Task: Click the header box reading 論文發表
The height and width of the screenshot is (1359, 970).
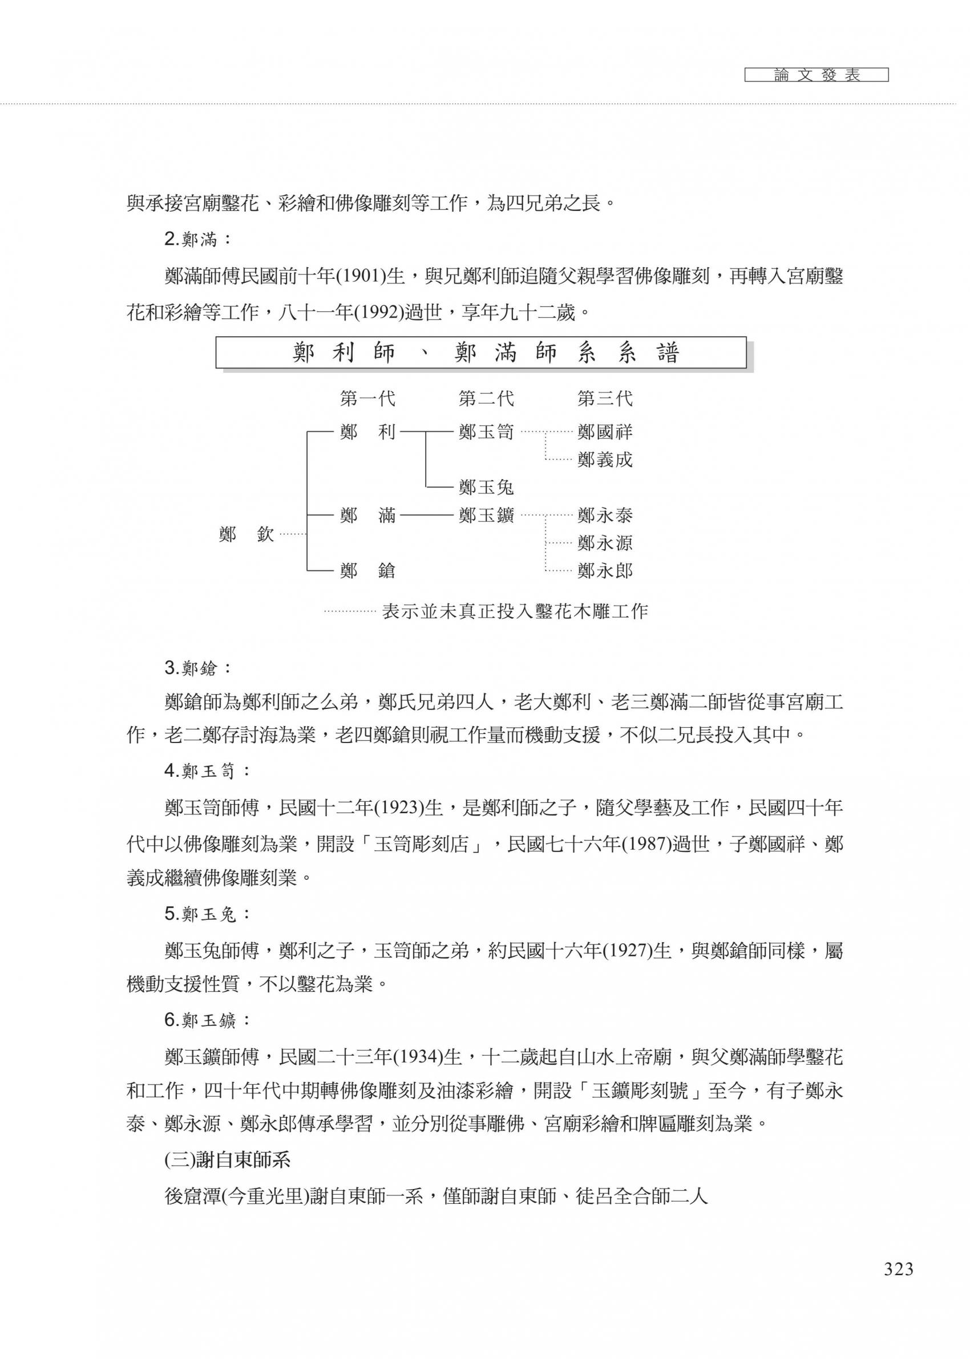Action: coord(817,75)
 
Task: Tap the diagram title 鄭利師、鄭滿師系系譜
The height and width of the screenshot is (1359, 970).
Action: coord(481,354)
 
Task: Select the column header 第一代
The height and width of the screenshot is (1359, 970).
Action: coord(367,399)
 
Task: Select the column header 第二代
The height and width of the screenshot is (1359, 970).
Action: coord(486,399)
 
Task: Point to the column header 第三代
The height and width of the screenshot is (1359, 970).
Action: coord(604,399)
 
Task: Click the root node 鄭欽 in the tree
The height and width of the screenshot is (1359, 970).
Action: coord(246,534)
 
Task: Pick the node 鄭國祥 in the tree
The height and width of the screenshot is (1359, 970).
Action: coord(604,432)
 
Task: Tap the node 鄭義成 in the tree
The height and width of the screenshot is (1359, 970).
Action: coord(604,460)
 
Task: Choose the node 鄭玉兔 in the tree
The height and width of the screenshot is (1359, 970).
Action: coord(486,488)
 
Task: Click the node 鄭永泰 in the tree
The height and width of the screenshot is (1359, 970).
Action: coord(604,515)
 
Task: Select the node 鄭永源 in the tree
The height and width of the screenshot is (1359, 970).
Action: coord(604,543)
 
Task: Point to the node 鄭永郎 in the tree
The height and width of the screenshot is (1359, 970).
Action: coord(604,571)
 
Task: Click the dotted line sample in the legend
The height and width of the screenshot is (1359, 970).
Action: coord(350,611)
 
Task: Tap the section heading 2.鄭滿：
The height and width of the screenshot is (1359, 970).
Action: coord(197,240)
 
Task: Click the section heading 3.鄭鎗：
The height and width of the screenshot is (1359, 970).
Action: coord(197,668)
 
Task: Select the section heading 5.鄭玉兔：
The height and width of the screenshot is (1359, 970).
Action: coord(207,914)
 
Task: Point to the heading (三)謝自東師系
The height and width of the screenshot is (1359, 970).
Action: coord(228,1159)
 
